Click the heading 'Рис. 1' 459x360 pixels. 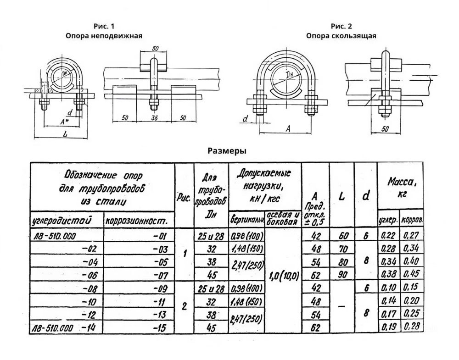click(103, 26)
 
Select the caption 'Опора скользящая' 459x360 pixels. click(341, 35)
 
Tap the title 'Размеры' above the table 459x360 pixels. click(227, 150)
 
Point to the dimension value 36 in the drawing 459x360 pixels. click(154, 118)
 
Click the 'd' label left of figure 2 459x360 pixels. click(245, 119)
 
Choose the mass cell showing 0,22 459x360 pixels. click(388, 237)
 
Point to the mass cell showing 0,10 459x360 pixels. click(388, 288)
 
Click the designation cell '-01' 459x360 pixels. click(156, 237)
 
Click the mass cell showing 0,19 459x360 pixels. click(388, 327)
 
